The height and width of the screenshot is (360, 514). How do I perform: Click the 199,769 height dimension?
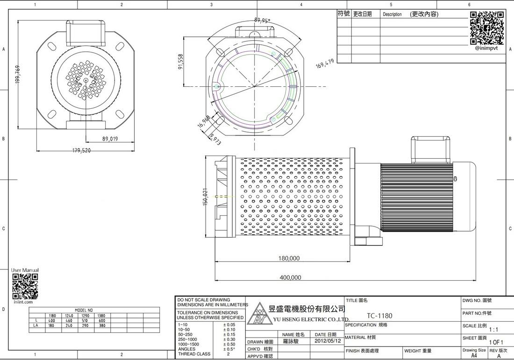(x=18, y=74)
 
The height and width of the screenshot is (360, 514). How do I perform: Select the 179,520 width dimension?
(x=81, y=150)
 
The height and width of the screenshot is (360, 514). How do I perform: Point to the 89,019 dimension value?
(x=110, y=139)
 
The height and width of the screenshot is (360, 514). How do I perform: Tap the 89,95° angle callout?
(x=262, y=21)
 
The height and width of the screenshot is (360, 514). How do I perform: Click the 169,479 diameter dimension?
(x=325, y=64)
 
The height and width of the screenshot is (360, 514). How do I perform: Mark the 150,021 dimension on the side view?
(x=205, y=197)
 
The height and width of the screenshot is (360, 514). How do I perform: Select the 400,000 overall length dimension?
(x=290, y=277)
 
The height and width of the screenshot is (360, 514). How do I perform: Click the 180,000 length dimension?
(x=289, y=258)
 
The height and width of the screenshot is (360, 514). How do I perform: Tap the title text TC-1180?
(x=379, y=316)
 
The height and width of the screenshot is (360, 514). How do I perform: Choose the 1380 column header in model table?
(x=101, y=316)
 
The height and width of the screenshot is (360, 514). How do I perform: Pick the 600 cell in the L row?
(x=101, y=321)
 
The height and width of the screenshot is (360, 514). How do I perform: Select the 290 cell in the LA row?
(x=85, y=325)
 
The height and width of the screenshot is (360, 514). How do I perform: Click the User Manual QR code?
(x=25, y=286)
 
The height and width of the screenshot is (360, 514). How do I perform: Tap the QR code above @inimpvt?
(x=486, y=28)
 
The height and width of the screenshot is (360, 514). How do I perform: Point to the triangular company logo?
(x=258, y=315)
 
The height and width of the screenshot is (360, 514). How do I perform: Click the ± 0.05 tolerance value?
(x=229, y=325)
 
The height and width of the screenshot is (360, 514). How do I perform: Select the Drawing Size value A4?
(x=474, y=355)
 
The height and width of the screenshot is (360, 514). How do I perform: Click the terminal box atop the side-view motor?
(x=430, y=149)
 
